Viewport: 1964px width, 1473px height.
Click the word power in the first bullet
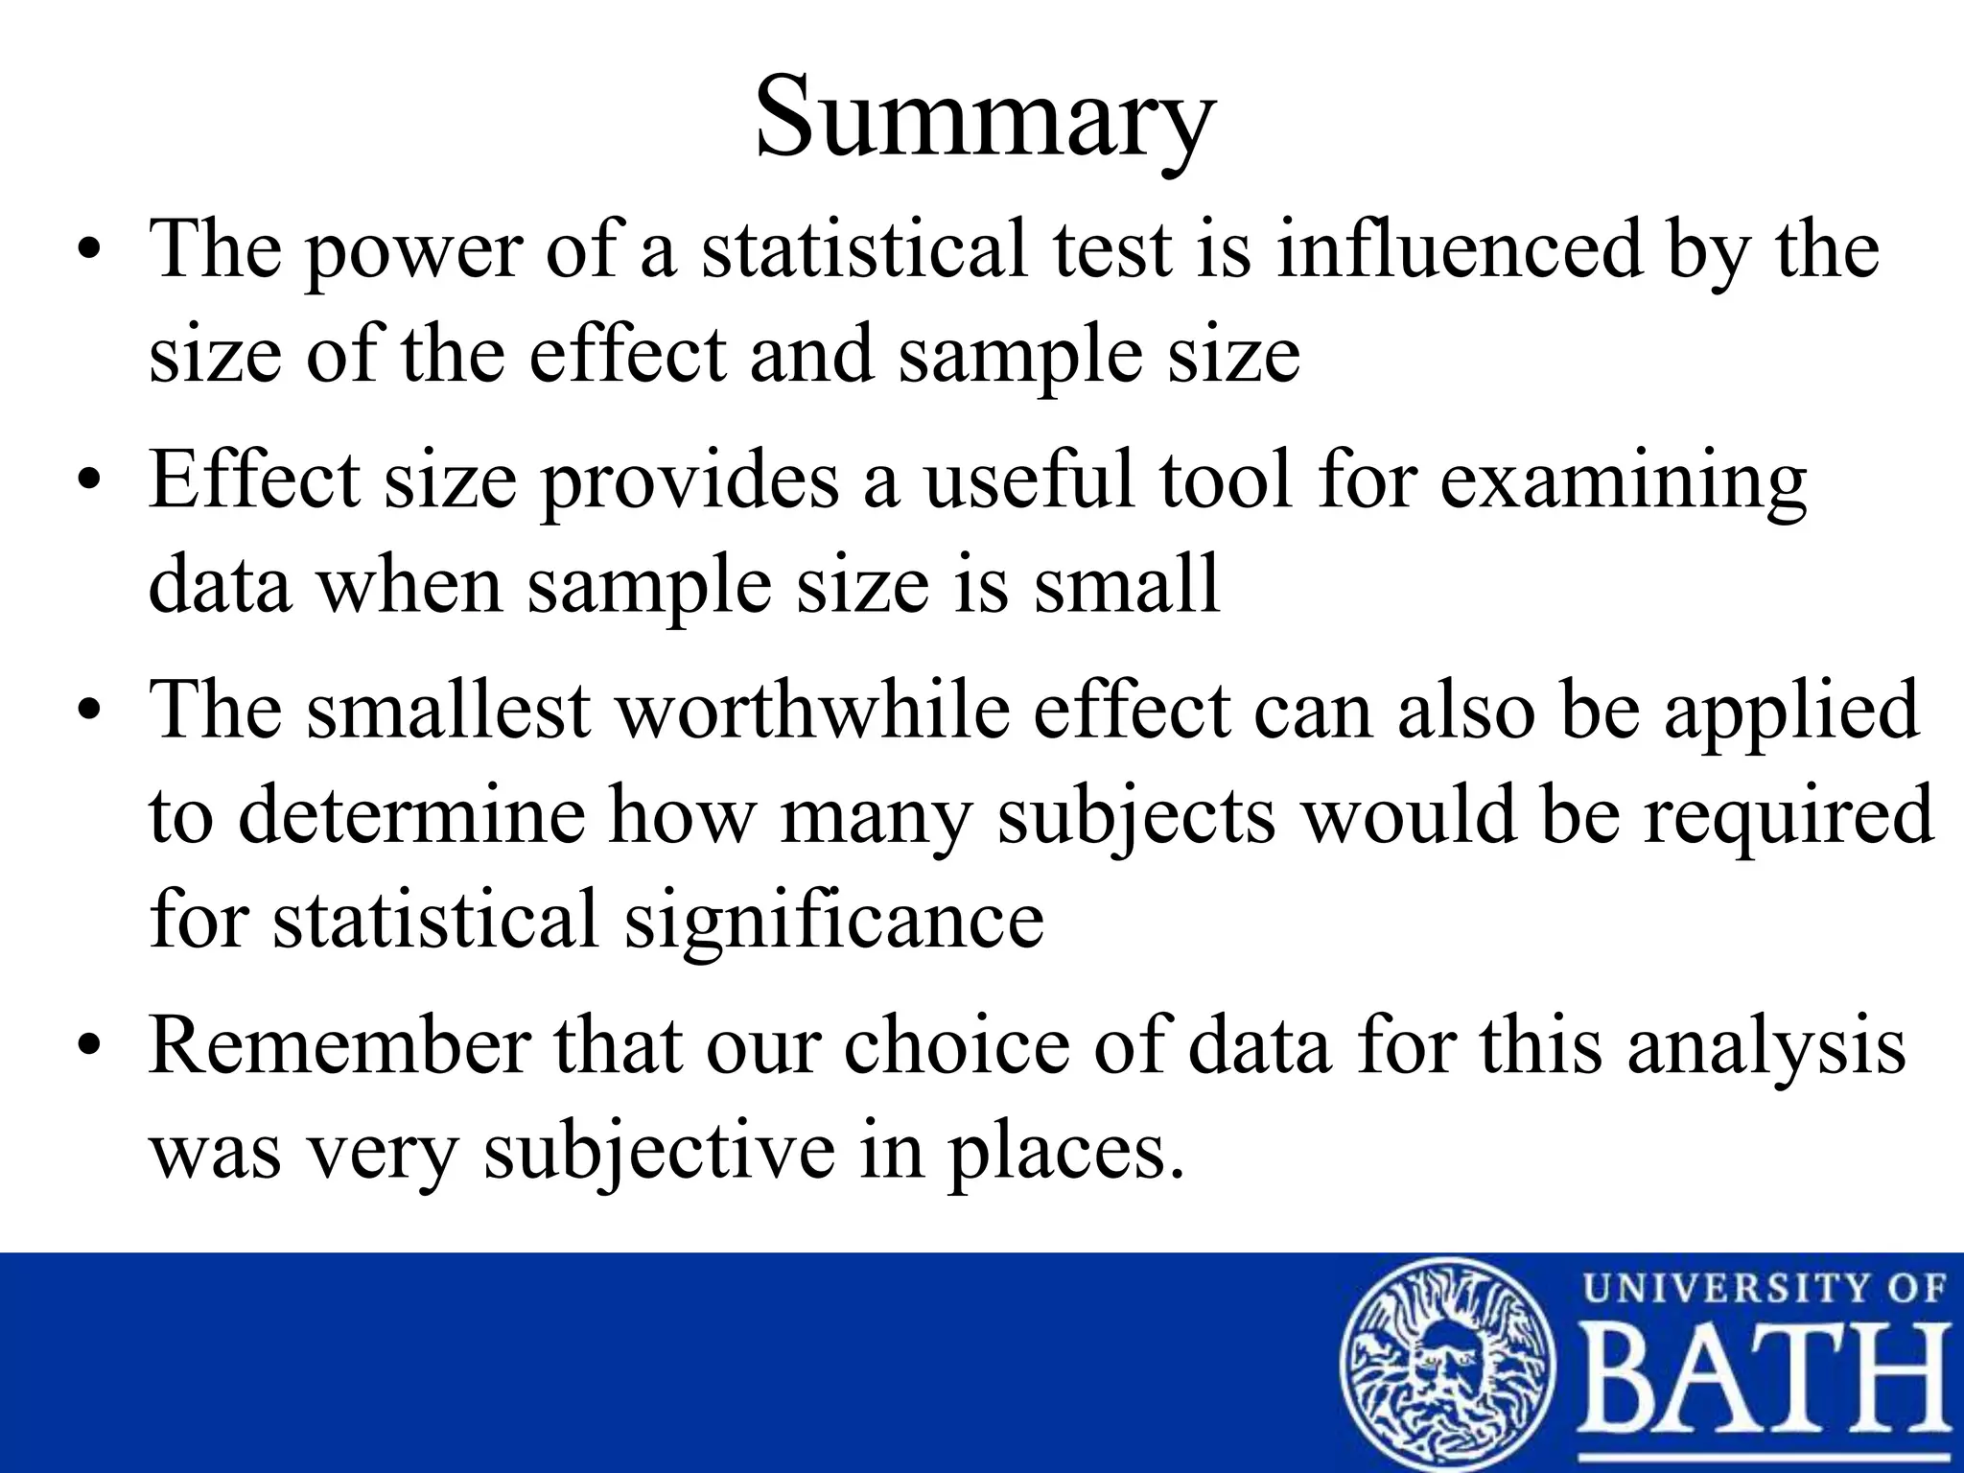[413, 251]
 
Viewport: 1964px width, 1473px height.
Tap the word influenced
[1460, 249]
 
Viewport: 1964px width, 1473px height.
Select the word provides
[690, 481]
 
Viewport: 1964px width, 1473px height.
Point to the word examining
[1623, 481]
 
